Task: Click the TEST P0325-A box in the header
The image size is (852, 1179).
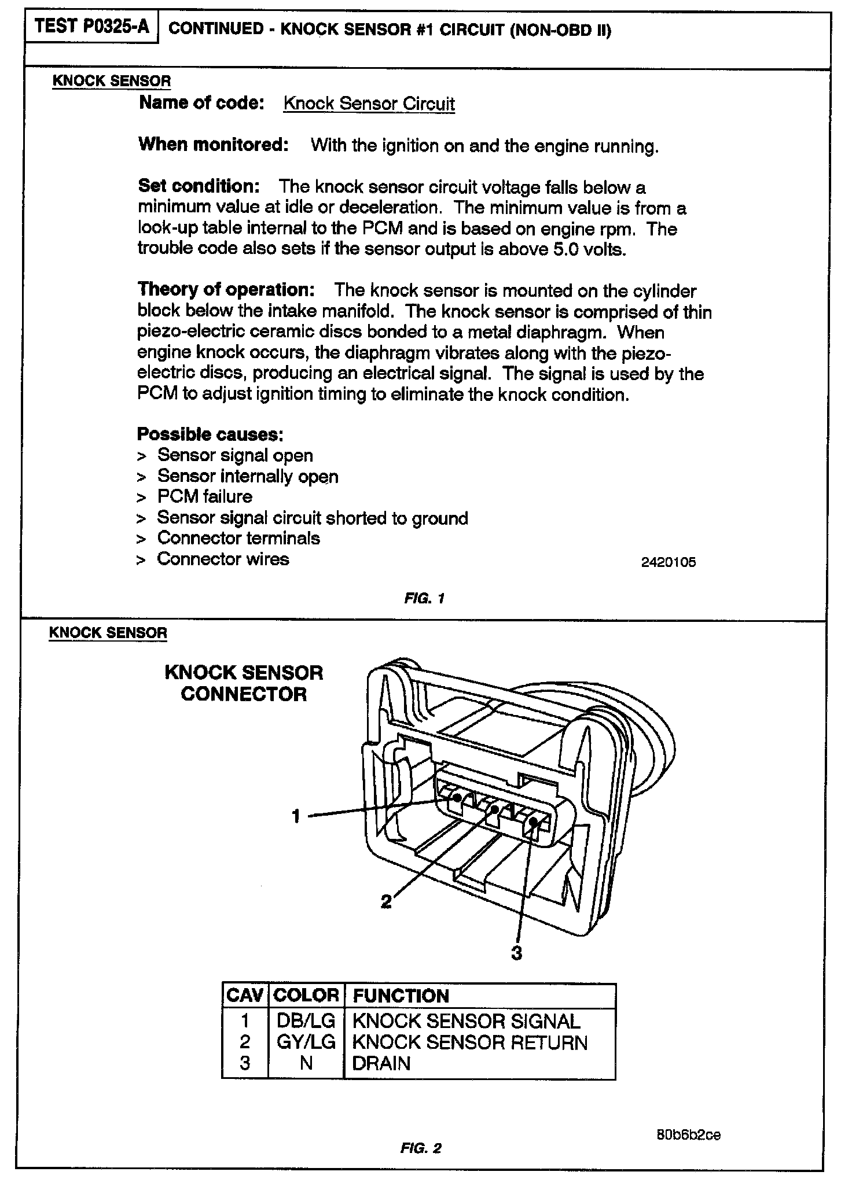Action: pyautogui.click(x=91, y=27)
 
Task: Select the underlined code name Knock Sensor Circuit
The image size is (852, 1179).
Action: pyautogui.click(x=369, y=104)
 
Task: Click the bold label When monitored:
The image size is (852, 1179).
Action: pyautogui.click(x=214, y=145)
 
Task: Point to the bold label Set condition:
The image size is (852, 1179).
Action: pyautogui.click(x=199, y=186)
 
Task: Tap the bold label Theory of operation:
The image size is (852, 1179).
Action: pyautogui.click(x=226, y=289)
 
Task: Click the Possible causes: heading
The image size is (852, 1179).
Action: pyautogui.click(x=210, y=434)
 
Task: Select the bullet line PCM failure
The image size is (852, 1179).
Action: pyautogui.click(x=204, y=497)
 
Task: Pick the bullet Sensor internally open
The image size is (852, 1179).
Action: pyautogui.click(x=247, y=477)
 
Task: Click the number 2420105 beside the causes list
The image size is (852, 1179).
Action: pyautogui.click(x=668, y=562)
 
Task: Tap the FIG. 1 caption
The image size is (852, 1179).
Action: pyautogui.click(x=424, y=598)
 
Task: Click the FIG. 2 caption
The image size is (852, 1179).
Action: pyautogui.click(x=421, y=1148)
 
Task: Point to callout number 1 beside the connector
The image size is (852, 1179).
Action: pyautogui.click(x=296, y=816)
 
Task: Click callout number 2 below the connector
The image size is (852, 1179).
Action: pyautogui.click(x=386, y=901)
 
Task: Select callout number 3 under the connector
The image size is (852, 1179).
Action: pyautogui.click(x=516, y=953)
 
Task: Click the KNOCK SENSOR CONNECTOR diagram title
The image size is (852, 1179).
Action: pyautogui.click(x=244, y=683)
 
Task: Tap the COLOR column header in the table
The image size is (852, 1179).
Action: pyautogui.click(x=306, y=996)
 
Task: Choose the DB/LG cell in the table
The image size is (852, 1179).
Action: pyautogui.click(x=306, y=1021)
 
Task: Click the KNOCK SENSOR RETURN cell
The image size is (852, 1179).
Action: pyautogui.click(x=469, y=1042)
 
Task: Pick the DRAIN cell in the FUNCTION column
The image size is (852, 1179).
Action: pyautogui.click(x=381, y=1063)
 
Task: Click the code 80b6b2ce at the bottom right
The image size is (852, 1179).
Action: pyautogui.click(x=688, y=1134)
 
